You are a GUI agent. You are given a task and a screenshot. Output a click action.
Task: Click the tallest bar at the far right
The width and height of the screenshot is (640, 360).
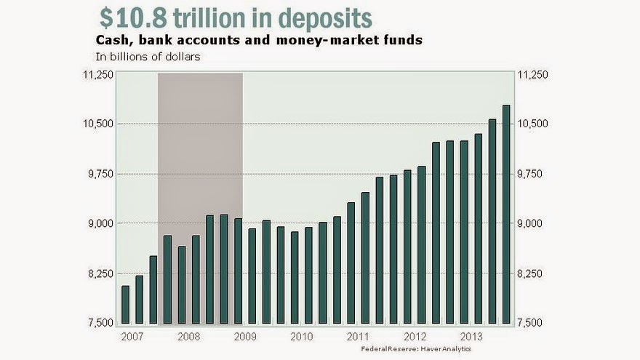click(506, 215)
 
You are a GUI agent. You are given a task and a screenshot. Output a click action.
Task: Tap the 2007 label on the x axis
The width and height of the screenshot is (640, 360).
click(132, 337)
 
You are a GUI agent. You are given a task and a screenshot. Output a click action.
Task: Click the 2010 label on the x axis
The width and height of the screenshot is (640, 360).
click(301, 337)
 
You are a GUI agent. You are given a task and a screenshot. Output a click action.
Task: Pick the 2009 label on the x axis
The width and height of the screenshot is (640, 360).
click(244, 337)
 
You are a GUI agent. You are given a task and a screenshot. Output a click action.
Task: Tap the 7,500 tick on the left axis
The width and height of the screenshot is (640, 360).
click(100, 323)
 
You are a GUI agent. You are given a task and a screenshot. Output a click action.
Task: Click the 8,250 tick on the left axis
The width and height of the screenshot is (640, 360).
click(100, 273)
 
